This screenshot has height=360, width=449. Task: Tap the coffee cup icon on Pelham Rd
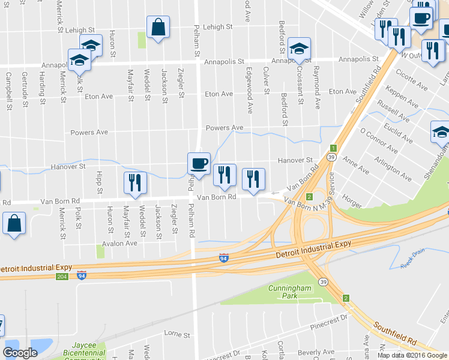(199, 163)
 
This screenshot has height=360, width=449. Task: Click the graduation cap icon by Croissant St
(299, 49)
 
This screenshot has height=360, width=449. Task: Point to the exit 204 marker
(62, 277)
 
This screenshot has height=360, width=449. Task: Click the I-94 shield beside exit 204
(82, 276)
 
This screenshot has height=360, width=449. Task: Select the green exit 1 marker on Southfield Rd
(333, 148)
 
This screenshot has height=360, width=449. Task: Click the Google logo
(20, 353)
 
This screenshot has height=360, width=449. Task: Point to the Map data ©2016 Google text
(412, 355)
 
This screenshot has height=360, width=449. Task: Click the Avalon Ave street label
(119, 243)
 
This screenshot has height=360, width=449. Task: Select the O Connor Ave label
(378, 140)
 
